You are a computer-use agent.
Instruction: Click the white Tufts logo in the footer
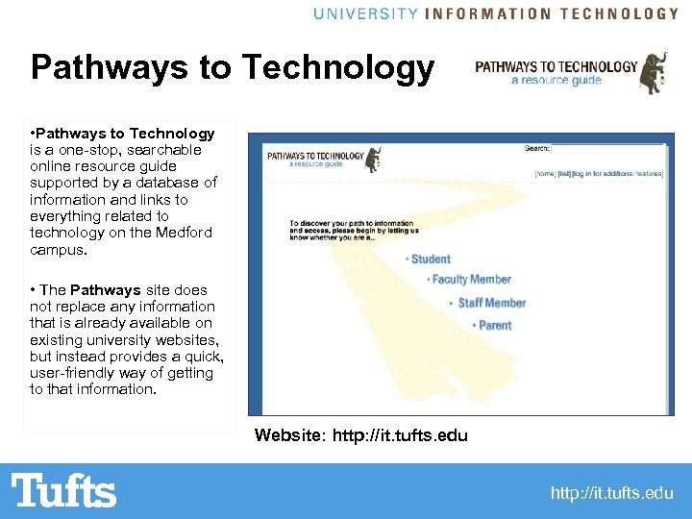[x=63, y=491]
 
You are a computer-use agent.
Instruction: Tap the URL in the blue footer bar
[x=611, y=493]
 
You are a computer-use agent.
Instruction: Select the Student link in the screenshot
[x=431, y=259]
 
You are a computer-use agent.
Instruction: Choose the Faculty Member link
[x=471, y=280]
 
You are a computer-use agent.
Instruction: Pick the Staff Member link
[x=491, y=303]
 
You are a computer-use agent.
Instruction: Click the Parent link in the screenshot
[x=495, y=326]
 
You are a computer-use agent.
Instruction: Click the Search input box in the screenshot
[x=607, y=149]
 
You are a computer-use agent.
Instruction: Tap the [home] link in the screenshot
[x=546, y=174]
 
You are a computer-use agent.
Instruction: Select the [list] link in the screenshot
[x=566, y=174]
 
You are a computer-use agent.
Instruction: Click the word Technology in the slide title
[x=339, y=67]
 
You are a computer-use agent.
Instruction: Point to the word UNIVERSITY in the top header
[x=365, y=13]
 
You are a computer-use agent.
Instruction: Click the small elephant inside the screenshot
[x=373, y=159]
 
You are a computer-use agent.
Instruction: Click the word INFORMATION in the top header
[x=488, y=13]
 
